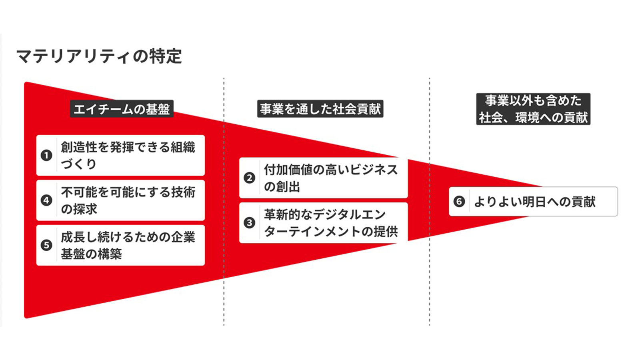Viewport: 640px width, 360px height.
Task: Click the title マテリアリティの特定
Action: pyautogui.click(x=99, y=56)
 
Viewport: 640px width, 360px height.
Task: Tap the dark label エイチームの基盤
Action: pyautogui.click(x=122, y=109)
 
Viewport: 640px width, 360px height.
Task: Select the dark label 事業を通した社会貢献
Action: pyautogui.click(x=320, y=109)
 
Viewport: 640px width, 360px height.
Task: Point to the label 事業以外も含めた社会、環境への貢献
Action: pyautogui.click(x=533, y=109)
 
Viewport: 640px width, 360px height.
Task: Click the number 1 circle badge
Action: pyautogui.click(x=46, y=155)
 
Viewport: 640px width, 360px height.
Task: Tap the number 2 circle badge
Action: pyautogui.click(x=250, y=178)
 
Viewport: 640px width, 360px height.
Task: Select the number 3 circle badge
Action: pyautogui.click(x=250, y=223)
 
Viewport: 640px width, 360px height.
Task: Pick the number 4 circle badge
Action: pyautogui.click(x=46, y=200)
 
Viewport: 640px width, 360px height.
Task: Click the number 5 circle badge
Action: pyautogui.click(x=46, y=245)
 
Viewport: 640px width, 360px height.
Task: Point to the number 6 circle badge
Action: pyautogui.click(x=459, y=202)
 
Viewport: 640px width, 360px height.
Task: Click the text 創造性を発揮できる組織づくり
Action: pyautogui.click(x=128, y=155)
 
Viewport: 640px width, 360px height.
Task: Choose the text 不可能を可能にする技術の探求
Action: pyautogui.click(x=128, y=200)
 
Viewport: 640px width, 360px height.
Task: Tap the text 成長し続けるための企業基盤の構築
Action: pyautogui.click(x=128, y=245)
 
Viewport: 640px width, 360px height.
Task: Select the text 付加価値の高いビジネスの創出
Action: pyautogui.click(x=330, y=178)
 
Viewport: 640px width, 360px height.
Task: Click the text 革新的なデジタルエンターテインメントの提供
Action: pyautogui.click(x=330, y=223)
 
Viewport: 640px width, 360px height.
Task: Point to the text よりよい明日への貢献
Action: pyautogui.click(x=535, y=202)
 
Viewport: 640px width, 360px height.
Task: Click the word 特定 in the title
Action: pyautogui.click(x=166, y=56)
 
